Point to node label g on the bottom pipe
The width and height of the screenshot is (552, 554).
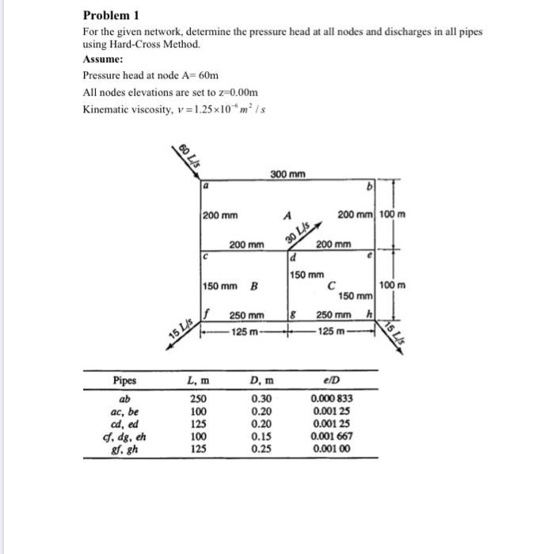click(x=293, y=315)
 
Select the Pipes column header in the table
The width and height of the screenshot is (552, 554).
click(x=125, y=381)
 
